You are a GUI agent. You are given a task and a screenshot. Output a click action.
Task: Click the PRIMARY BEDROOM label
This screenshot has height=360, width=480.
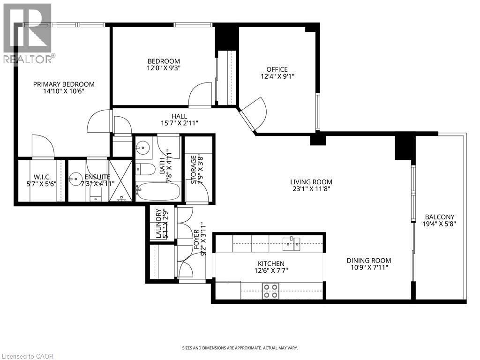pos(64,84)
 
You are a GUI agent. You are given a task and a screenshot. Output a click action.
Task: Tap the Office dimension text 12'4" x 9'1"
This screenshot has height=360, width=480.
pos(277,76)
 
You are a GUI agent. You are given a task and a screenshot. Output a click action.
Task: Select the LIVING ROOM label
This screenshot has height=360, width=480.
pos(311,182)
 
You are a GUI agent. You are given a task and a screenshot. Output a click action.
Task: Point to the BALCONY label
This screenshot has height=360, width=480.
pos(439,217)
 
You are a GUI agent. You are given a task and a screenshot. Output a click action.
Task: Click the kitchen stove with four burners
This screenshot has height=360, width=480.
pos(270,291)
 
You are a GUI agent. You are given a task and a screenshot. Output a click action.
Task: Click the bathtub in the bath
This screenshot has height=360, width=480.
pos(157,192)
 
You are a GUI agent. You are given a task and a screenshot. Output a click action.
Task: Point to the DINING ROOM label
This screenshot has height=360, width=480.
pos(368,261)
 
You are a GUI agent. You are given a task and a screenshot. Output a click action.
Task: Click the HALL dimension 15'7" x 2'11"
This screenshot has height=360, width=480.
pos(179,123)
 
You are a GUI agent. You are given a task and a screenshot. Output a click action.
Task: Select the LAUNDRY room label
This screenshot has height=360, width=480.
pos(158,224)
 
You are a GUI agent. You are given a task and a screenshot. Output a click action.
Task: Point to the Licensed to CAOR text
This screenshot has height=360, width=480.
pos(28,356)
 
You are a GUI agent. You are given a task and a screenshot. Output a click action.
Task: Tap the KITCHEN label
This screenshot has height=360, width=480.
pos(271,264)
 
